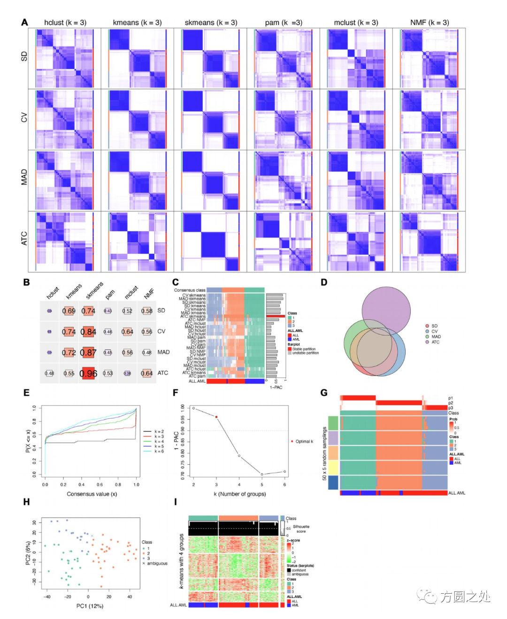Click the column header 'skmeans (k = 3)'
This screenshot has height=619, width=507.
coord(211,23)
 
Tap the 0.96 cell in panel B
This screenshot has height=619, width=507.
coord(88,373)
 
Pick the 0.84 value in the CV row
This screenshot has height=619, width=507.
coord(88,332)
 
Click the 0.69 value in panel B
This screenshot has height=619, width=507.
coord(69,311)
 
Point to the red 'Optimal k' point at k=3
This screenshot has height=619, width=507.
coord(216,417)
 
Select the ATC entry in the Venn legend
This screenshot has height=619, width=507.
coord(435,342)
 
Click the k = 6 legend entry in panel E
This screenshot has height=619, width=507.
coord(159,451)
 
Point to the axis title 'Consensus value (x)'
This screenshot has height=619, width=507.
coord(92,494)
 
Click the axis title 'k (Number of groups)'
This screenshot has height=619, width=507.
coord(239,494)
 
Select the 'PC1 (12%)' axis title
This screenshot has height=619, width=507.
coord(90,606)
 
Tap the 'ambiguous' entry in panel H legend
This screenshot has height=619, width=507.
coord(157,563)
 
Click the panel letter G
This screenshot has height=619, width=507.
coord(324,393)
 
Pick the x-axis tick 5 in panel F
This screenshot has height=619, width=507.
coord(262,484)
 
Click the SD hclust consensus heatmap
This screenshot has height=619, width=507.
coord(64,58)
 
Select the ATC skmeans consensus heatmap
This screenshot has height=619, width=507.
coord(211,242)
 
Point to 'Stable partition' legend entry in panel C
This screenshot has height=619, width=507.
coord(304,349)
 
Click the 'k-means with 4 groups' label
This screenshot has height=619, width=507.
coord(181,561)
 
